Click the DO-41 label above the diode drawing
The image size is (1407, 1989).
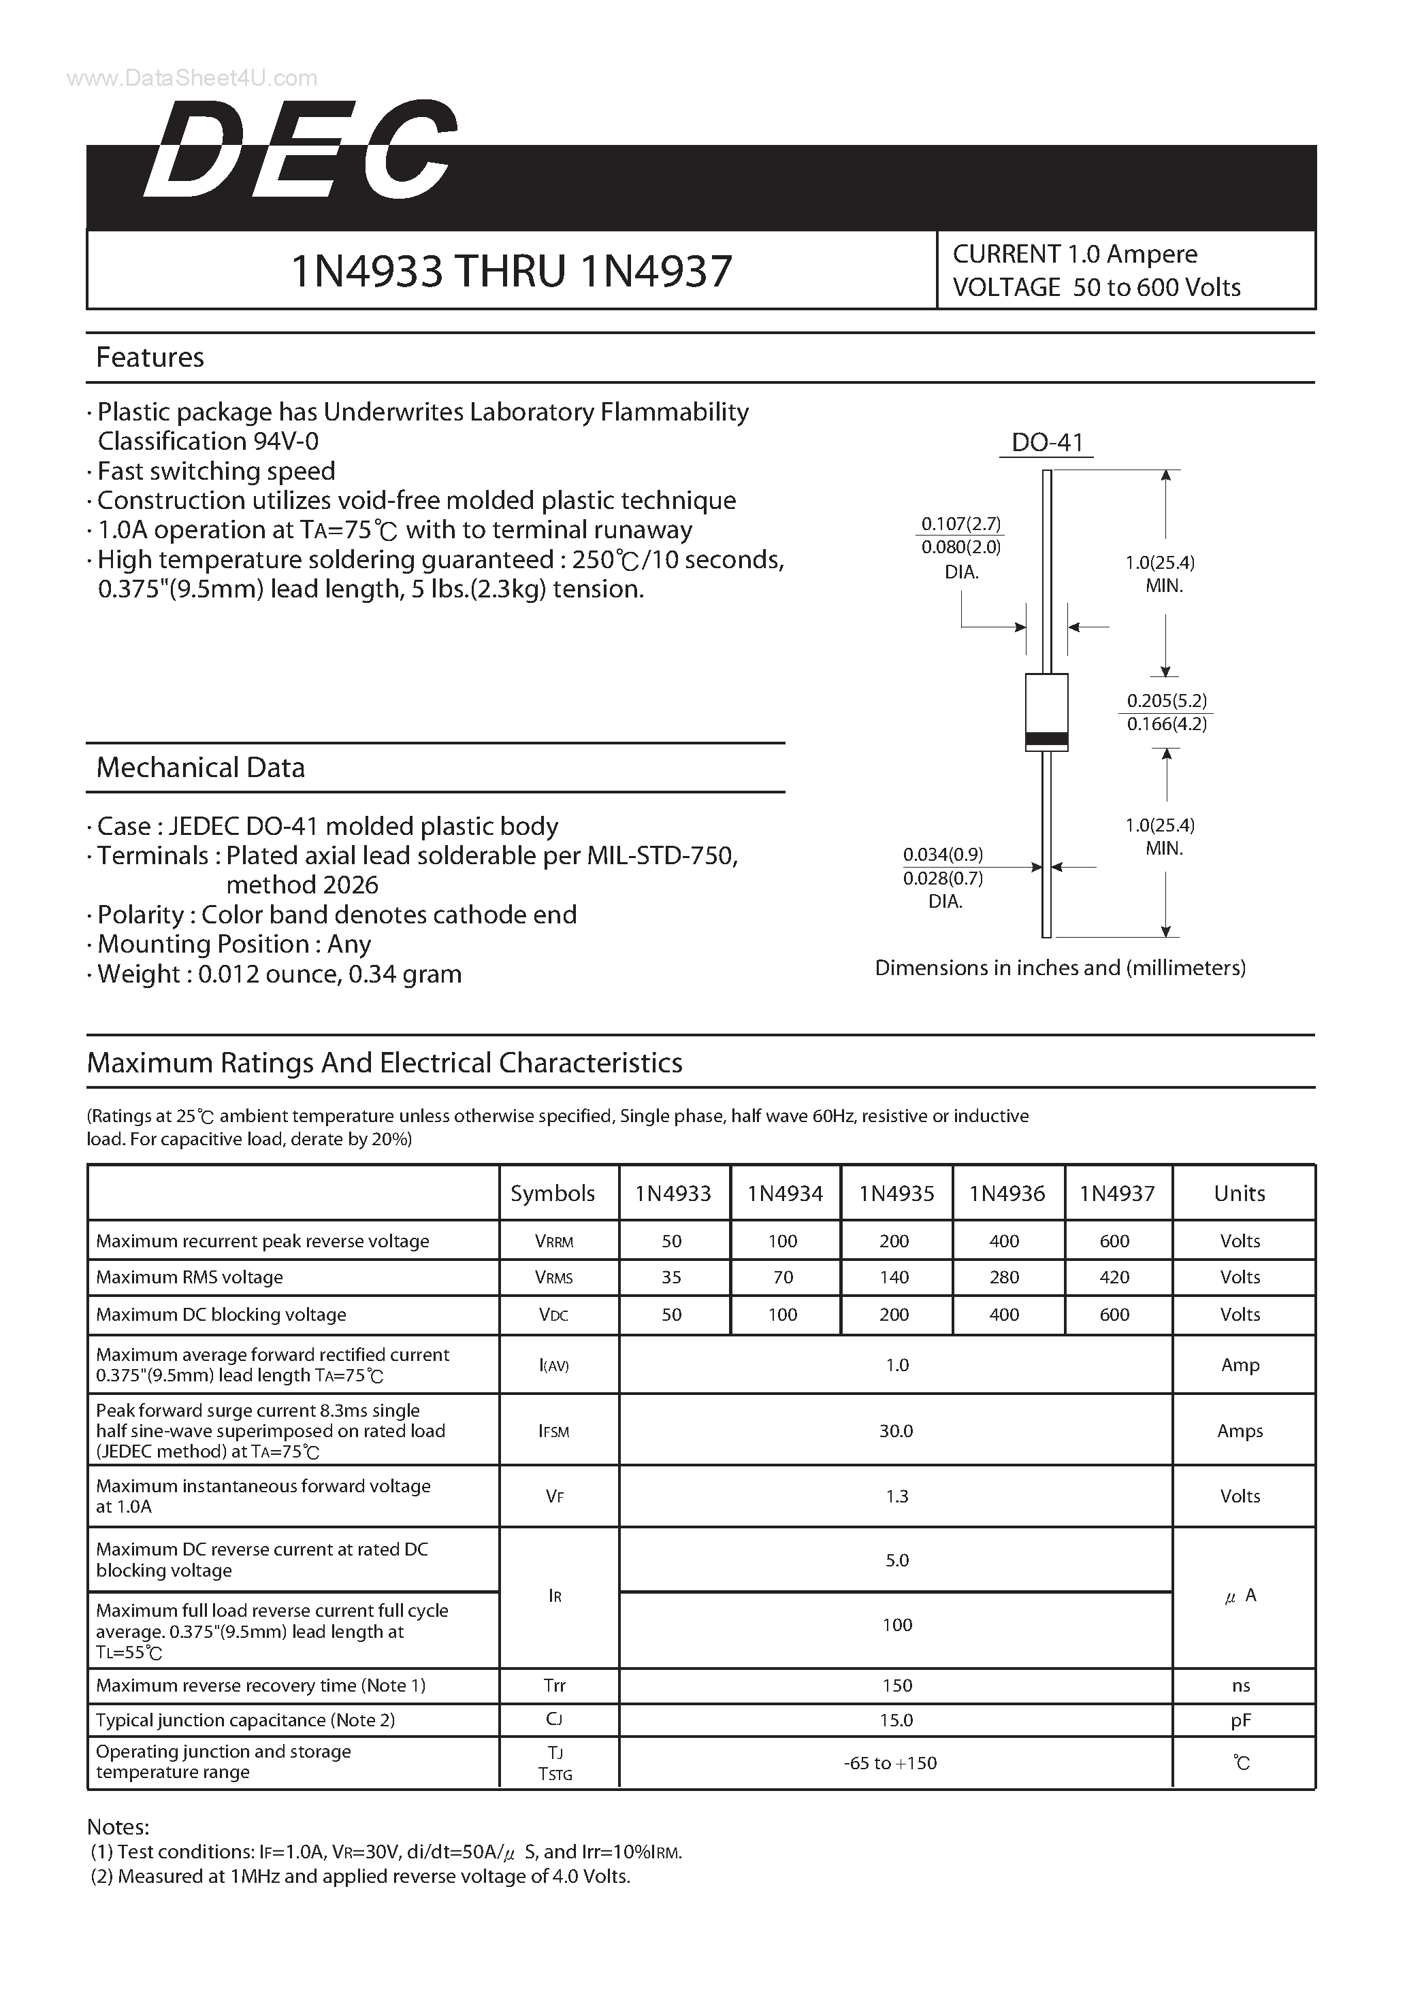[x=1047, y=443]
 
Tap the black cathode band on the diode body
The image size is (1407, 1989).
[x=1047, y=739]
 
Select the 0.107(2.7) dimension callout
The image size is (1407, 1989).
[x=961, y=524]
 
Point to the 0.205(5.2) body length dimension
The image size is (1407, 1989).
[x=1166, y=700]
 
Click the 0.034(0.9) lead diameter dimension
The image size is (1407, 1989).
[x=943, y=854]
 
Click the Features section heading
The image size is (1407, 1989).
[x=150, y=357]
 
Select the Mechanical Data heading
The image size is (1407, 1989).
[x=200, y=768]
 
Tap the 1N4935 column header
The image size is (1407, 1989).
[x=896, y=1193]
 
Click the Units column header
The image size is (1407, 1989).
[x=1239, y=1193]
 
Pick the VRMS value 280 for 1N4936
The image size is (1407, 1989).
[x=1004, y=1277]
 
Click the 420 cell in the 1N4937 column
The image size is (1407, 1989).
[x=1114, y=1277]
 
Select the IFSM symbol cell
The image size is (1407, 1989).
[x=555, y=1431]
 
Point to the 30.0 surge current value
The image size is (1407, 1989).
[x=896, y=1431]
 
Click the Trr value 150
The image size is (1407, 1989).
[x=896, y=1685]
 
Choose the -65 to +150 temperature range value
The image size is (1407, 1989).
[x=890, y=1763]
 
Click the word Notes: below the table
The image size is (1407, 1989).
[x=118, y=1827]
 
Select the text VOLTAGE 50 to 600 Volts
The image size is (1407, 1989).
[x=1096, y=288]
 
